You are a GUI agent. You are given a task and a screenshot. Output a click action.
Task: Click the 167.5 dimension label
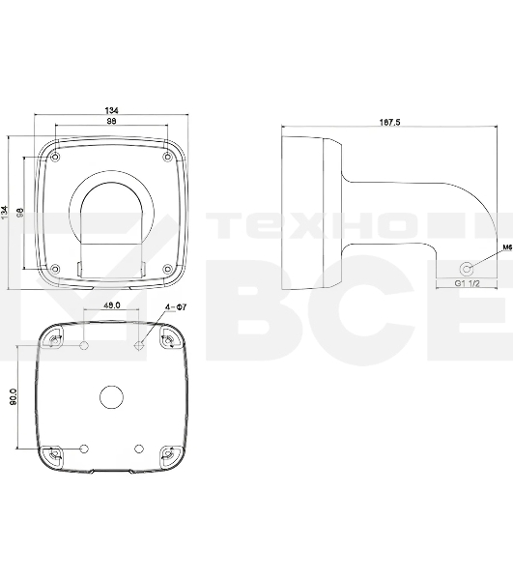point(390,123)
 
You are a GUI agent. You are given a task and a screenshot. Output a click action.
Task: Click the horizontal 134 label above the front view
point(112,110)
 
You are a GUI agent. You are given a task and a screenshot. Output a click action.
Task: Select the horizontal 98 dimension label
point(112,122)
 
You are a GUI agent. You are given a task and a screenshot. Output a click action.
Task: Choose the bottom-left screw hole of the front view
point(56,268)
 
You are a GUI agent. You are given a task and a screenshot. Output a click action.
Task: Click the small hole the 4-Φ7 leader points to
point(140,316)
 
